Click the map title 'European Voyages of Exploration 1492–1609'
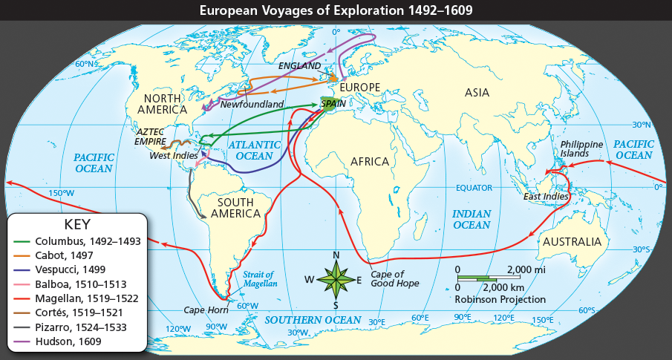tap(336, 10)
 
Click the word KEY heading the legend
tap(78, 224)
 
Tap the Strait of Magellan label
tap(260, 279)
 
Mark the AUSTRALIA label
tap(571, 242)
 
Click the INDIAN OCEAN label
tap(472, 219)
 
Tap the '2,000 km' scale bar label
tap(504, 287)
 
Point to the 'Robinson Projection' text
tap(501, 299)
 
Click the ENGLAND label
tap(301, 66)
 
